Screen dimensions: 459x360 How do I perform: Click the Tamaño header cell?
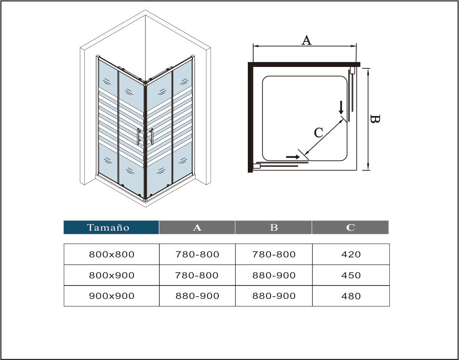point(111,227)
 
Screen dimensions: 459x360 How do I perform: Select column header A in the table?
point(197,227)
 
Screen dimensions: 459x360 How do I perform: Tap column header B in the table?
point(274,227)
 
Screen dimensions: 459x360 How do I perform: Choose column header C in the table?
point(351,227)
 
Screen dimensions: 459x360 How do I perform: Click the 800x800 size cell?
point(112,254)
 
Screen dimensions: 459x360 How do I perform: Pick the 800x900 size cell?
point(112,275)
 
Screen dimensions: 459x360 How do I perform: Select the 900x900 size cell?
point(112,296)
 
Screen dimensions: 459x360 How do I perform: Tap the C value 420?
point(351,254)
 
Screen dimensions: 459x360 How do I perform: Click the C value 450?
point(351,275)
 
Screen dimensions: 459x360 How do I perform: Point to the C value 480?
point(351,296)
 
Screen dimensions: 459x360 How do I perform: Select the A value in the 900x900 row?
point(197,296)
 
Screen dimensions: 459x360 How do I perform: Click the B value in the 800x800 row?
point(274,254)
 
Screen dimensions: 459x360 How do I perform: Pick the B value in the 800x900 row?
point(274,275)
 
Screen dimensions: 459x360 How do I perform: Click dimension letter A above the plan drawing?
point(306,40)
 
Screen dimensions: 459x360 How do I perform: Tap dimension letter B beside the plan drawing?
point(375,119)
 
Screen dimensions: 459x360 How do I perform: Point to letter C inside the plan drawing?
point(318,132)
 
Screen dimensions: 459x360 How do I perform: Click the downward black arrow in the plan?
point(341,108)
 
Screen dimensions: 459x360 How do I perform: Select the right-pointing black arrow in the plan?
point(293,157)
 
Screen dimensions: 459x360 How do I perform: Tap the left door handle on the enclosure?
point(138,137)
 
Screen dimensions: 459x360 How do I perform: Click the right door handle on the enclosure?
point(152,137)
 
